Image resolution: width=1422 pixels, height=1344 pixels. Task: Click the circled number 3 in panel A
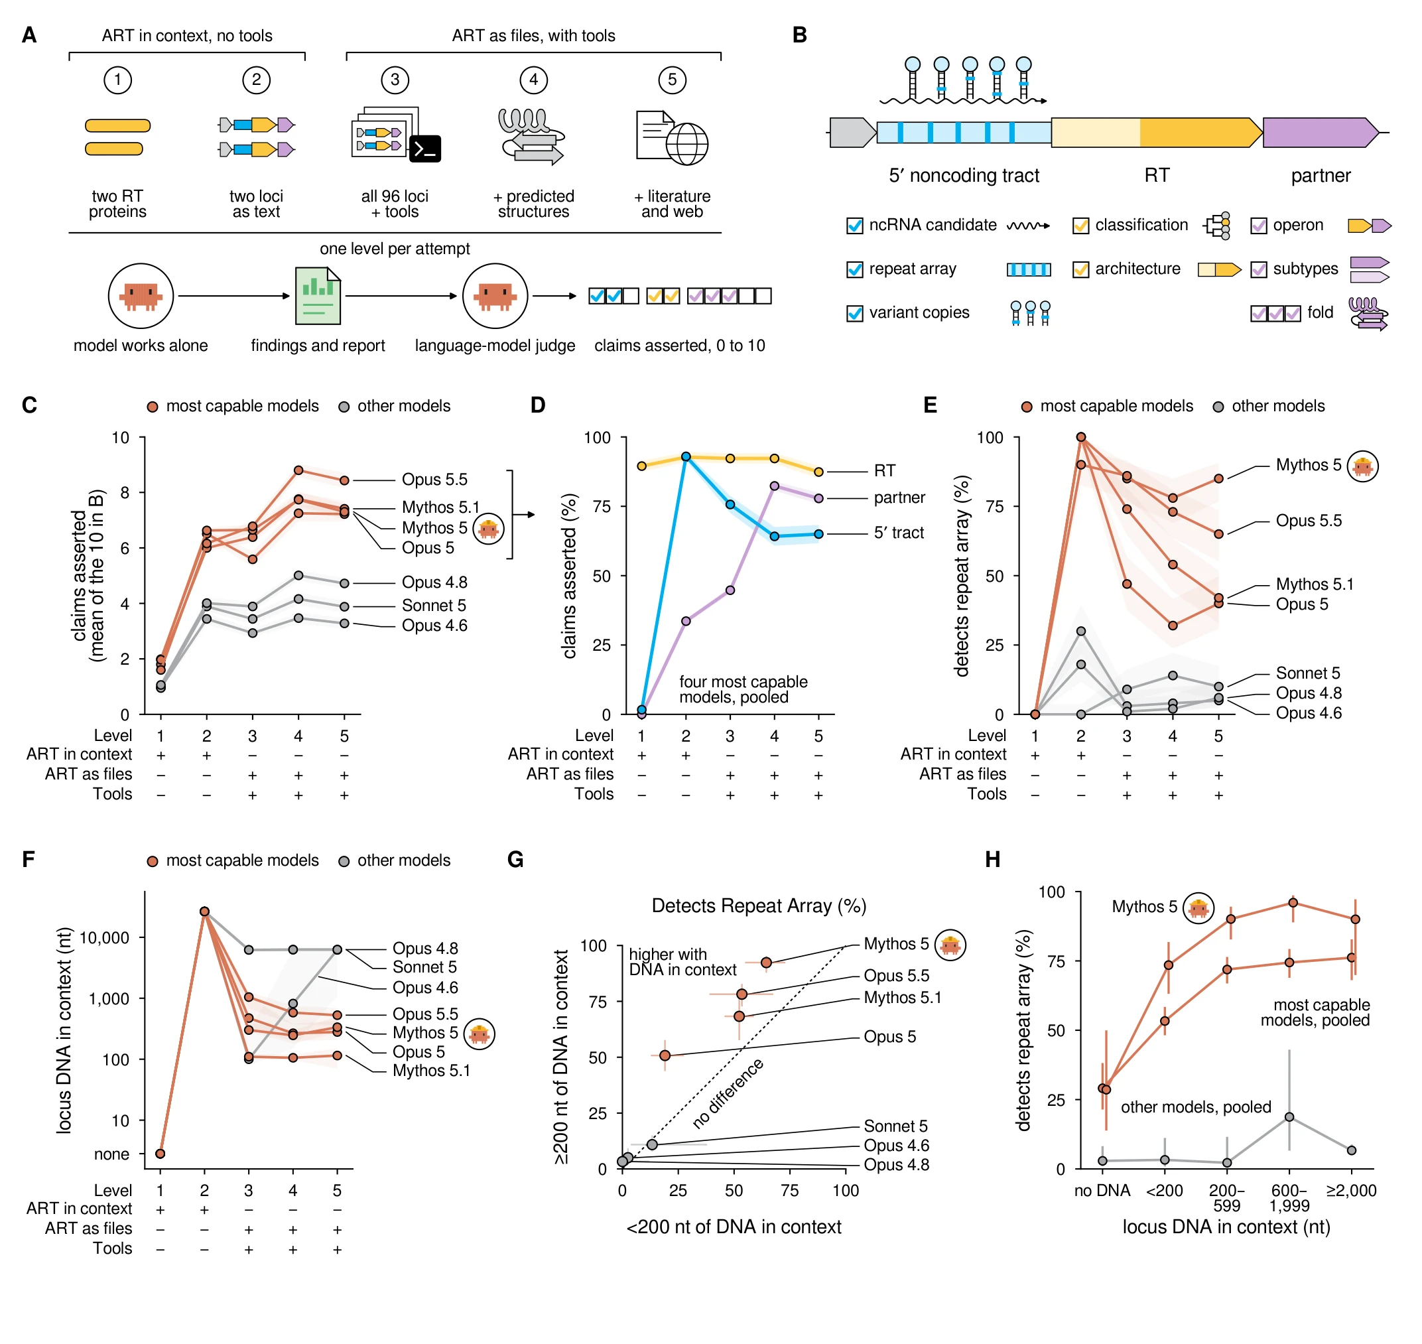pyautogui.click(x=395, y=80)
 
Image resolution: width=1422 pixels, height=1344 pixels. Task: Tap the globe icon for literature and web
pyautogui.click(x=686, y=144)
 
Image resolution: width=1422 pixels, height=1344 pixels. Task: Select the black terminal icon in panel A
pyautogui.click(x=424, y=149)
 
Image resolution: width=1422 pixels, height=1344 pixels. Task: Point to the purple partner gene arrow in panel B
pyautogui.click(x=1321, y=133)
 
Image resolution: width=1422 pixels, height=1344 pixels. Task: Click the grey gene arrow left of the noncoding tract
pyautogui.click(x=852, y=133)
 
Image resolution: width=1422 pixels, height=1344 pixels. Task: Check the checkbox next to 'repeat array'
pyautogui.click(x=855, y=269)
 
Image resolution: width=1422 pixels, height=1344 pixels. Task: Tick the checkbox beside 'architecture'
pyautogui.click(x=1080, y=269)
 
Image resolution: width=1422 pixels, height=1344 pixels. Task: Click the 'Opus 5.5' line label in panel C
pyautogui.click(x=434, y=479)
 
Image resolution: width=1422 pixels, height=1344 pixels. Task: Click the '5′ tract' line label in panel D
pyautogui.click(x=898, y=532)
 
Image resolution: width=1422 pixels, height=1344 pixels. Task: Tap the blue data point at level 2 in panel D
pyautogui.click(x=686, y=456)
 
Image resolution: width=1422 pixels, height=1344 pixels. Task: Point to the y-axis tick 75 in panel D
pyautogui.click(x=602, y=507)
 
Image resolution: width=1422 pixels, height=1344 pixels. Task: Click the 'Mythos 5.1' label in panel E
pyautogui.click(x=1315, y=584)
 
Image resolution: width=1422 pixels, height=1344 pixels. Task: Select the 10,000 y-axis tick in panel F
pyautogui.click(x=104, y=938)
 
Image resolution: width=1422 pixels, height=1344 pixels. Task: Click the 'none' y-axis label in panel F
pyautogui.click(x=111, y=1154)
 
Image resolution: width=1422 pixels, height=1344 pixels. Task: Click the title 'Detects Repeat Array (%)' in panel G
pyautogui.click(x=759, y=906)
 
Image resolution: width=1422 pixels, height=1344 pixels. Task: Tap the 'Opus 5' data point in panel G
pyautogui.click(x=665, y=1055)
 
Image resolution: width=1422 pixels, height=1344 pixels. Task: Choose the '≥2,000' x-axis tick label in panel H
pyautogui.click(x=1351, y=1191)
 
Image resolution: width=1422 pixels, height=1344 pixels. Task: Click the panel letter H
pyautogui.click(x=992, y=859)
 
